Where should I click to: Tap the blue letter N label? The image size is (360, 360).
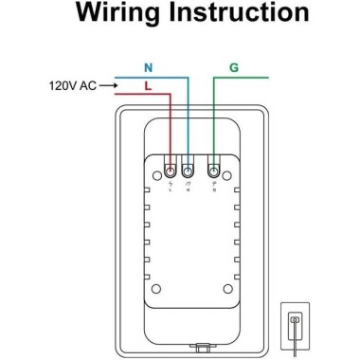146,68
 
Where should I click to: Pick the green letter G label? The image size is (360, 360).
233,68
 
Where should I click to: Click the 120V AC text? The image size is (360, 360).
71,86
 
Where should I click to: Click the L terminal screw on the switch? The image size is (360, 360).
170,171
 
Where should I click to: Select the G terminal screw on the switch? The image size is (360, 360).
213,171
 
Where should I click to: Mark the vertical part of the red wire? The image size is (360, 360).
170,128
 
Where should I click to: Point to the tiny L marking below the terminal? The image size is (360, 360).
170,189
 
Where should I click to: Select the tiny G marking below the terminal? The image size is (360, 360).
213,189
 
